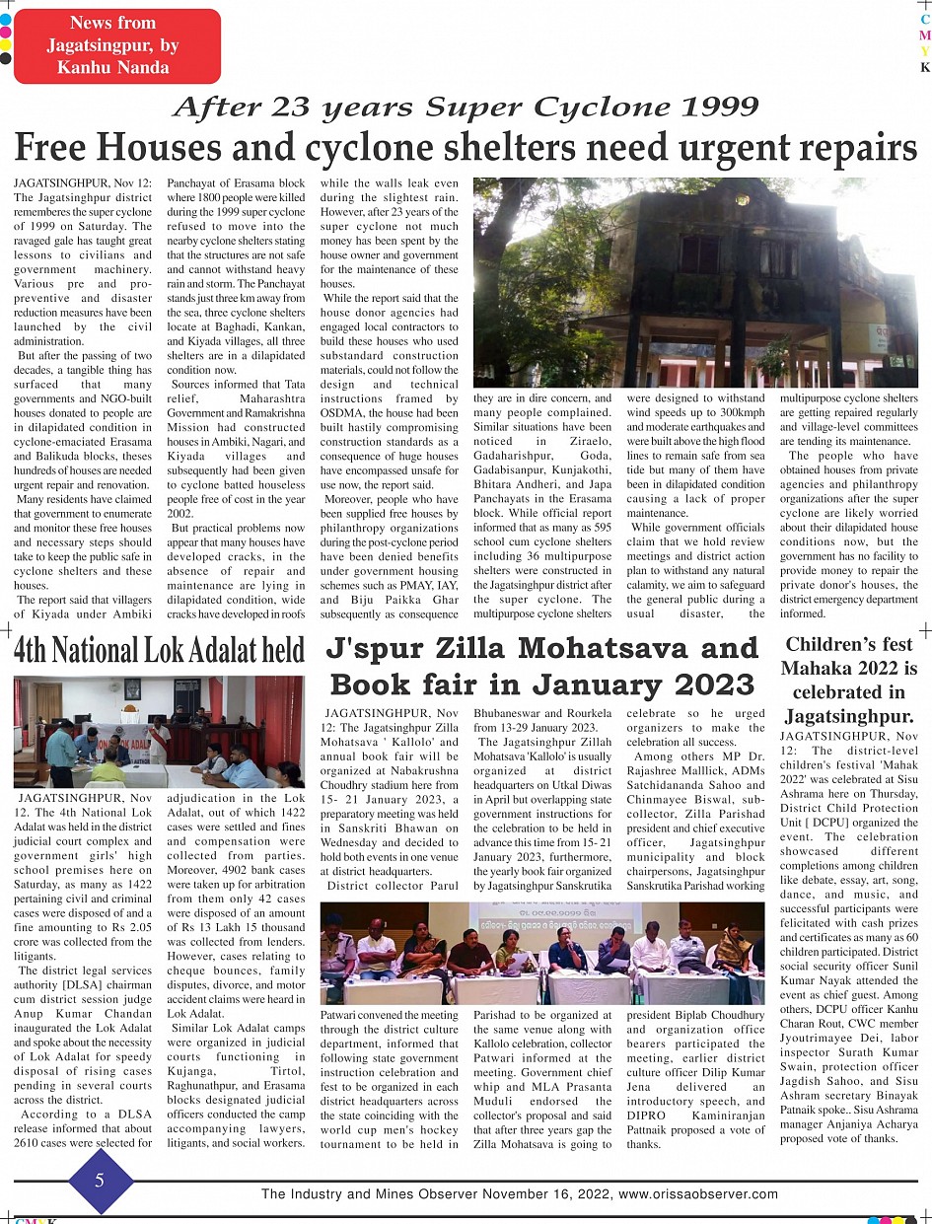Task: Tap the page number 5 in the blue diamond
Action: click(100, 1180)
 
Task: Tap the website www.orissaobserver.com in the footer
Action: click(698, 1194)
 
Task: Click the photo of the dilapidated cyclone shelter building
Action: click(695, 282)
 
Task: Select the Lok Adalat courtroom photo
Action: click(159, 731)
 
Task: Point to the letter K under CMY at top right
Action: click(925, 68)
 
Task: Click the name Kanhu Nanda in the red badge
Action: click(113, 67)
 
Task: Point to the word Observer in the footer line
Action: click(423, 1194)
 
